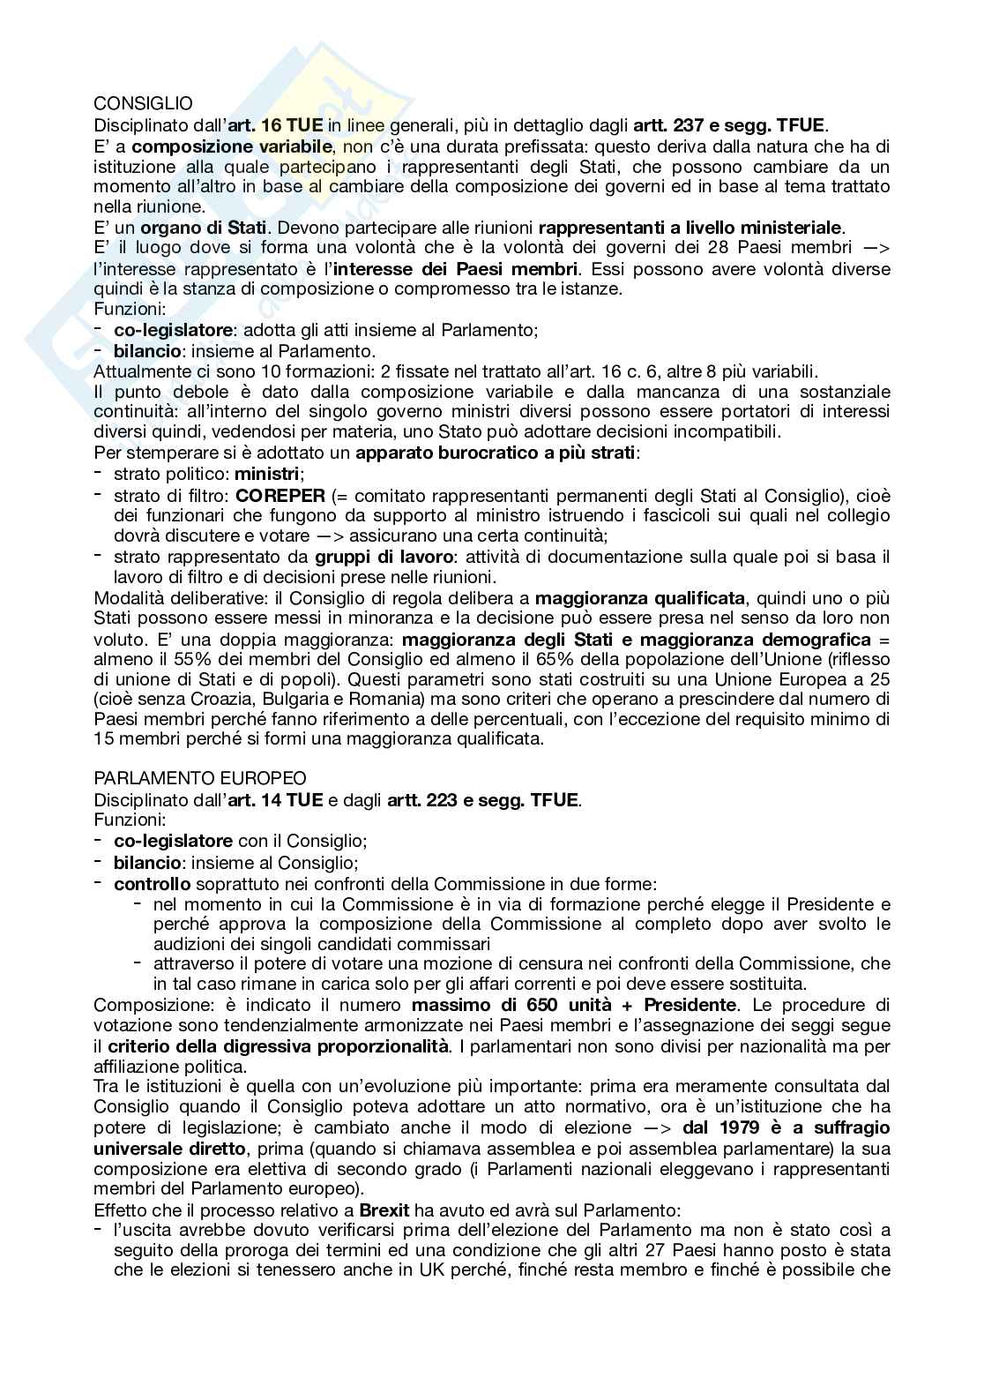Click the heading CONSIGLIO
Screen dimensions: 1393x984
(x=143, y=104)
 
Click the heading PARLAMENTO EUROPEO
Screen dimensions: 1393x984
(x=200, y=779)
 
